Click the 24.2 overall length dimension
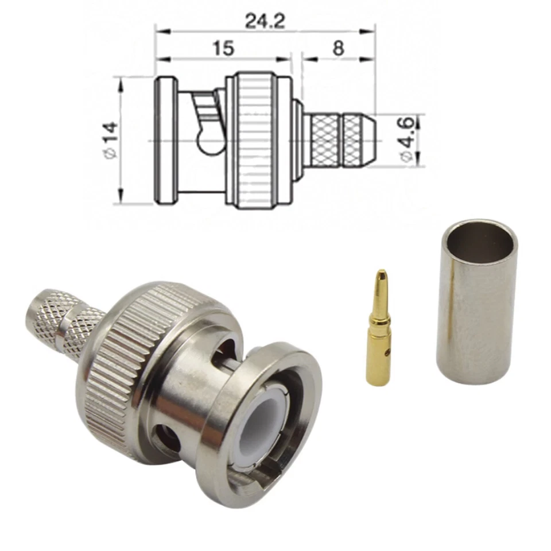click(x=265, y=21)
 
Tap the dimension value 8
click(x=338, y=48)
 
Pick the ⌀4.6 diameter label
click(x=406, y=140)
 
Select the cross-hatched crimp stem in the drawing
click(x=339, y=141)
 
